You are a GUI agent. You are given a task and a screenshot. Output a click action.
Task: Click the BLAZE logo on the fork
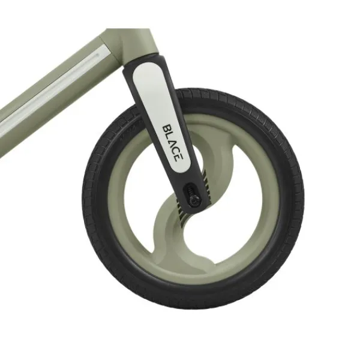[171, 143]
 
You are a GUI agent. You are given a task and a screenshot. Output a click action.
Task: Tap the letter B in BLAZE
[166, 128]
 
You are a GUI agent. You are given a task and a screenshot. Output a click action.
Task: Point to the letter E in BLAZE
[176, 158]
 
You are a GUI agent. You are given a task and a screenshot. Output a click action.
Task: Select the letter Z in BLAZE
[174, 151]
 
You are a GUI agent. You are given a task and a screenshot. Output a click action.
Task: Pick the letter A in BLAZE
[171, 143]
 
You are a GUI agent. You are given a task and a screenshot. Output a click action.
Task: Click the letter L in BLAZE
[169, 136]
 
